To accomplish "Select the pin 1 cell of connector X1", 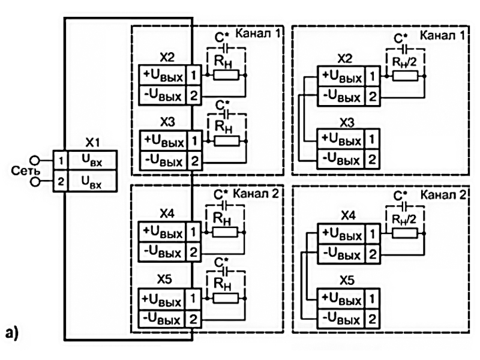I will click(x=60, y=161).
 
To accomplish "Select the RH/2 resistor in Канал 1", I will click(x=406, y=76).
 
